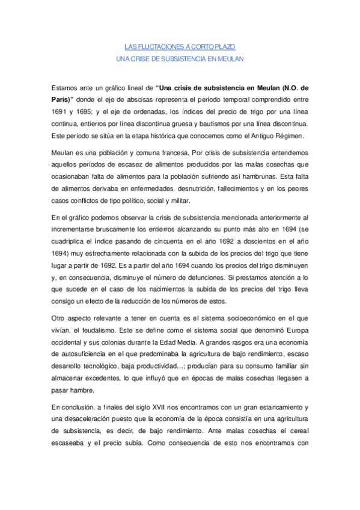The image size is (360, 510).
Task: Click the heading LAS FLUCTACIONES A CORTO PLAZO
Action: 180,46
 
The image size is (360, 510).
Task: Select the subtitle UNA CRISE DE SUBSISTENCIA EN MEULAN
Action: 180,58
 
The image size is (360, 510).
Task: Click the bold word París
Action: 63,99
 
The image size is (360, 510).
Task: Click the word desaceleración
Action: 89,422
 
